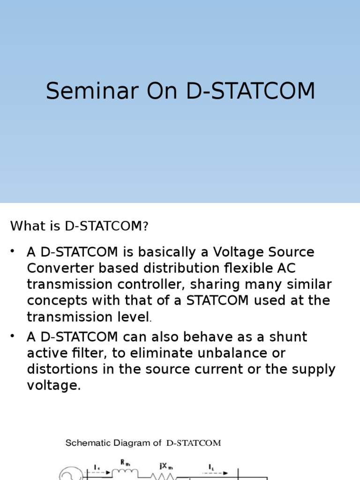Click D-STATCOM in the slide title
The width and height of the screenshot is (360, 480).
[x=251, y=91]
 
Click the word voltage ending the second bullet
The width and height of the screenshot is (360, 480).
[x=52, y=385]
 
